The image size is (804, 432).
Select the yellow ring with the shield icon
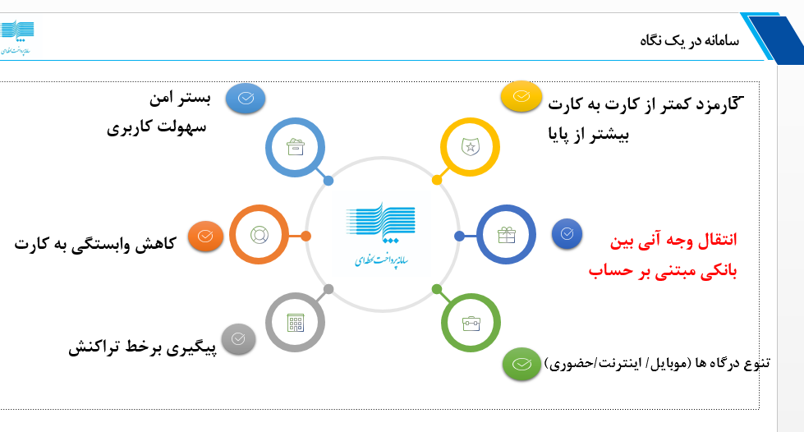point(470,148)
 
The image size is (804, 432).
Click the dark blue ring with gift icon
point(506,236)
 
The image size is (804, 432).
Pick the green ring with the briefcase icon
point(471,323)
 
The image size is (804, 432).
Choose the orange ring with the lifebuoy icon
point(259,235)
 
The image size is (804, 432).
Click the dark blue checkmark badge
point(567,233)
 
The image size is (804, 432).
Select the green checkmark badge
point(521,363)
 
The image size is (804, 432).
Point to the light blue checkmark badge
point(246,98)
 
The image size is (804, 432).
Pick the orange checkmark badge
point(204,236)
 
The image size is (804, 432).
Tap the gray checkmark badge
point(238,338)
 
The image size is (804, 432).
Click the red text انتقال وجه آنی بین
point(673,241)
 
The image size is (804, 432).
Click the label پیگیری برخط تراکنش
point(141,347)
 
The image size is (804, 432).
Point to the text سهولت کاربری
point(156,128)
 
